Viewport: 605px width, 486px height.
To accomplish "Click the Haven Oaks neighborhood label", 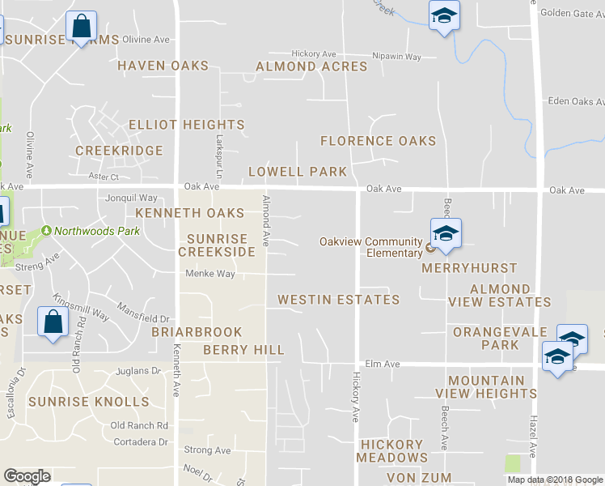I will tap(163, 66).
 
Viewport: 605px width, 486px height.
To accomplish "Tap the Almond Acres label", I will tap(311, 66).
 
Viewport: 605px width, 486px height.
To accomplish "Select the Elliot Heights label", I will tap(186, 125).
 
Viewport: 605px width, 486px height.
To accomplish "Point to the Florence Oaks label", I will tap(378, 141).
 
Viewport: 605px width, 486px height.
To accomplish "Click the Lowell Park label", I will tap(297, 172).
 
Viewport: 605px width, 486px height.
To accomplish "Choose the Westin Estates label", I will tap(338, 300).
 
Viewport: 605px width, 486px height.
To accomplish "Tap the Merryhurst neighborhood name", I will tap(469, 268).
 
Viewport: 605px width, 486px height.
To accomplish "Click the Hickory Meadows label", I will tap(391, 451).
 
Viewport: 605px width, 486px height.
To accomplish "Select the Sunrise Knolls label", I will tap(89, 402).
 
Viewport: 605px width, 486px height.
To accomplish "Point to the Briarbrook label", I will tap(197, 332).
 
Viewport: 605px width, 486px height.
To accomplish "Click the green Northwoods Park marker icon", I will tap(47, 231).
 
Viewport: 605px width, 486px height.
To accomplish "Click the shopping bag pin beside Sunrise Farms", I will tap(82, 27).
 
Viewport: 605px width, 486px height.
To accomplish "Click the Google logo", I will tap(27, 476).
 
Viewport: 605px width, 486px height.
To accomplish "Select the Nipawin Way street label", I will tap(396, 57).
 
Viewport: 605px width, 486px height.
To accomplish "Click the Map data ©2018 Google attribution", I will tap(555, 480).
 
